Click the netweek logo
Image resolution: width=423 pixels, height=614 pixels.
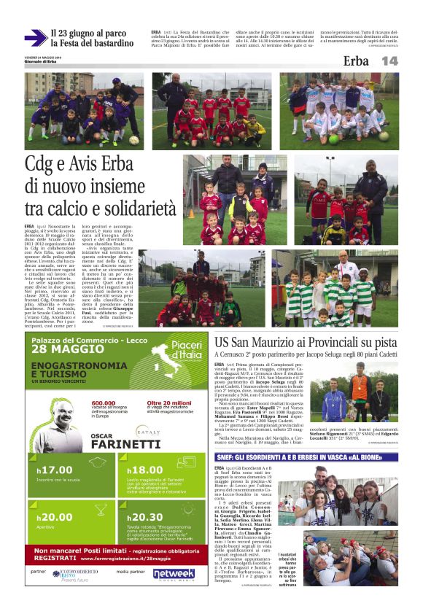174,572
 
